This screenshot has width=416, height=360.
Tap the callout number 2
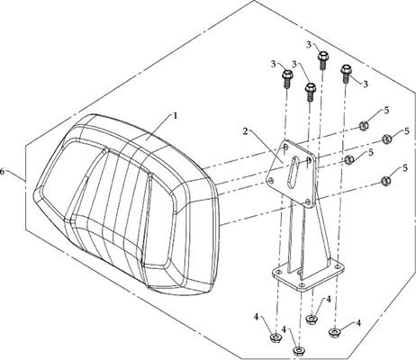click(246, 131)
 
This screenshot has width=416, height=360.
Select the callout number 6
click(3, 172)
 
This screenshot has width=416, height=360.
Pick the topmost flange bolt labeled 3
click(322, 60)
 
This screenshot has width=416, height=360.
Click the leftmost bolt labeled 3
click(287, 78)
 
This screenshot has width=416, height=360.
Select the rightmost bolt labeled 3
click(346, 74)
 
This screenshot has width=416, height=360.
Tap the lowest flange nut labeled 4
click(298, 350)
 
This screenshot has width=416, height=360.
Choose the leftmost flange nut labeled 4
click(275, 337)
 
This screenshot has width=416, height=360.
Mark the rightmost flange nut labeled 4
click(334, 332)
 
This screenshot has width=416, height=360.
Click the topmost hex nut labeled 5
click(364, 125)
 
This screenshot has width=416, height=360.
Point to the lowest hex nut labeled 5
click(385, 181)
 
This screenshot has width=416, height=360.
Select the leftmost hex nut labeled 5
click(349, 159)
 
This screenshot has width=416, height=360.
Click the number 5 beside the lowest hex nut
click(405, 168)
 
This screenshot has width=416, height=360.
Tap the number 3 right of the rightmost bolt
click(366, 84)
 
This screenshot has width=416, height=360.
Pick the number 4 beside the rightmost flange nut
click(358, 323)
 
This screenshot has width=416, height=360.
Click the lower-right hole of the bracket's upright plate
click(307, 202)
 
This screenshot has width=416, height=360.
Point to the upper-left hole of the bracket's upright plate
click(285, 147)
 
